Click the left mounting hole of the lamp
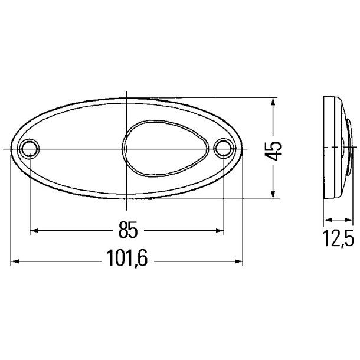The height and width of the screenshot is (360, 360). (x=30, y=149)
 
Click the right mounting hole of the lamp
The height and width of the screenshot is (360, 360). (x=224, y=149)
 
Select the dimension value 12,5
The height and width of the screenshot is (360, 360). (x=338, y=239)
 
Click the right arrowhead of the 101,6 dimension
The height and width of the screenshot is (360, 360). (x=239, y=260)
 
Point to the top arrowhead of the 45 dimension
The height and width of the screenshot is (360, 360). (x=272, y=102)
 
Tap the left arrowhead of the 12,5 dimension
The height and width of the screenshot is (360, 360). (x=326, y=221)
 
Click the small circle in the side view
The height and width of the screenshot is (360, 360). (x=344, y=149)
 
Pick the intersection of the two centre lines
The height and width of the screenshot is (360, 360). (x=127, y=149)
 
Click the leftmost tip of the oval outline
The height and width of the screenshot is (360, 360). (x=11, y=149)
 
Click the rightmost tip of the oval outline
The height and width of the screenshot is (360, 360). (x=243, y=149)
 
